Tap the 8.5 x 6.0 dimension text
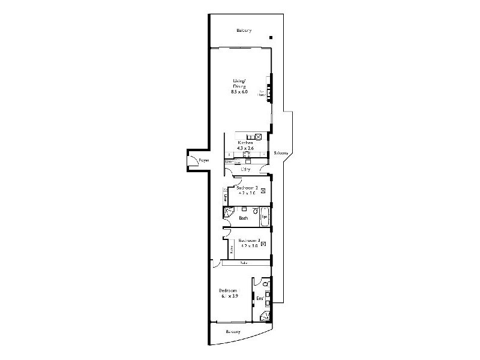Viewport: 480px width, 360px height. pos(239,92)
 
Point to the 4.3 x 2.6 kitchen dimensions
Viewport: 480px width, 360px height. pos(245,148)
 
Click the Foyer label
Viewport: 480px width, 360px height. pos(204,160)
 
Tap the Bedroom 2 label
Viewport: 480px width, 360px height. pos(248,188)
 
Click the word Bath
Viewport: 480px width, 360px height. pos(243,218)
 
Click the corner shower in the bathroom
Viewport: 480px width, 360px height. pos(228,212)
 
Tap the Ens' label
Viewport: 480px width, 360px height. pos(260,298)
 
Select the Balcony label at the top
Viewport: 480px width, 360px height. pos(244,30)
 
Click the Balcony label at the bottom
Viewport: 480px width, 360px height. pos(233,331)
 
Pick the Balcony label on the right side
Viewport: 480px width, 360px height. pos(281,153)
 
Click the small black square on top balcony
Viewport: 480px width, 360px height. pos(271,38)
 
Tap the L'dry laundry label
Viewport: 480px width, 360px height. pos(245,170)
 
